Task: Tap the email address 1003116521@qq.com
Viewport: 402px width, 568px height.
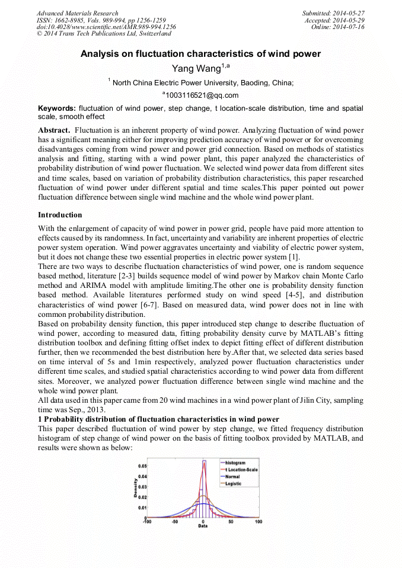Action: click(202, 95)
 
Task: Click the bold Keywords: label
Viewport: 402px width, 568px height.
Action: click(57, 108)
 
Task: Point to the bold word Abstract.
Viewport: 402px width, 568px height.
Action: click(55, 130)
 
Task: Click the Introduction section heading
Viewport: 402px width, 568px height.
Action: click(60, 214)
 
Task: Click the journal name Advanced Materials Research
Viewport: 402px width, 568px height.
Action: click(77, 13)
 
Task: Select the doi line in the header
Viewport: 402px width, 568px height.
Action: click(106, 27)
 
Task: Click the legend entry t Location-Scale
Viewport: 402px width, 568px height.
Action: click(241, 469)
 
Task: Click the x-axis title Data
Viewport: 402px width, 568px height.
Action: click(203, 527)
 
